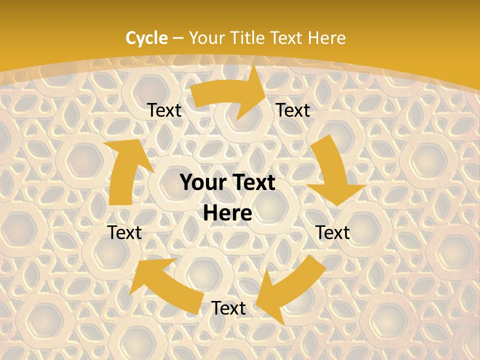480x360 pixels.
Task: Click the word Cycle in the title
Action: (x=146, y=38)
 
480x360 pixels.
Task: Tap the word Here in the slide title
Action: (x=326, y=38)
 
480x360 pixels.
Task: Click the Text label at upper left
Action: (x=164, y=110)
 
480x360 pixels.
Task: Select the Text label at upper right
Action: (x=293, y=110)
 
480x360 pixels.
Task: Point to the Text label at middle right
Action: (x=332, y=233)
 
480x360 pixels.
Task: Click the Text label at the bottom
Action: (x=228, y=308)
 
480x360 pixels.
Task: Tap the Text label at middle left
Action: (x=124, y=233)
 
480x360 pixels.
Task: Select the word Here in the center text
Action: (x=227, y=213)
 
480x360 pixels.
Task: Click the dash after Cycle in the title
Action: (x=178, y=38)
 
